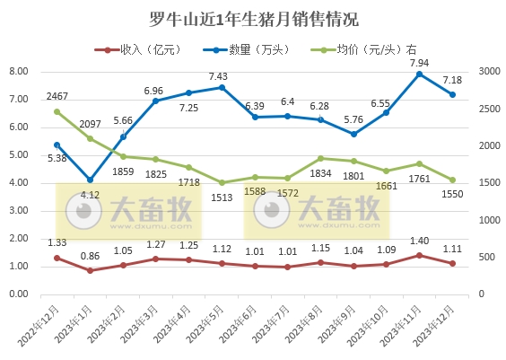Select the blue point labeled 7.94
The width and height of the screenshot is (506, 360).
coord(419,74)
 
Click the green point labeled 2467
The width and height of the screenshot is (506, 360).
coord(57,112)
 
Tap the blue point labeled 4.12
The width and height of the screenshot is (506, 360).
coord(91,180)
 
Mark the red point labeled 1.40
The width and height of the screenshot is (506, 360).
coord(419,255)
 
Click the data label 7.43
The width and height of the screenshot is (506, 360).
coord(221,76)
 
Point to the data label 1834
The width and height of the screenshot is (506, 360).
coord(320,173)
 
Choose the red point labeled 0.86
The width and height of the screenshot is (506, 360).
coord(91,270)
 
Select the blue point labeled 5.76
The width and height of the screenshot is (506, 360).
coord(353,134)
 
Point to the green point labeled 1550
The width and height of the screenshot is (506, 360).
coord(452,180)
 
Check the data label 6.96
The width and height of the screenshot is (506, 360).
coord(153,91)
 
